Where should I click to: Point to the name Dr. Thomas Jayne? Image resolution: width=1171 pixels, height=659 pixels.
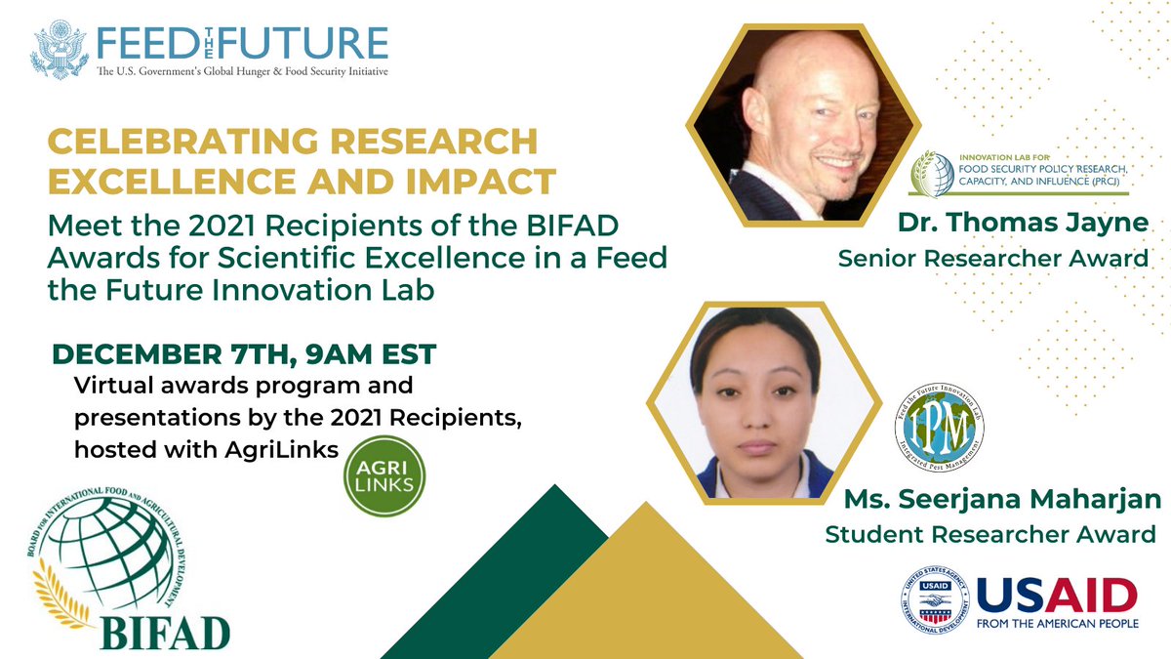click(1024, 222)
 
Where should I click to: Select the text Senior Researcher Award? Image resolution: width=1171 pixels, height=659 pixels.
click(993, 259)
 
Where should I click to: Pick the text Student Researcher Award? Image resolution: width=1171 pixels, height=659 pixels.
click(990, 534)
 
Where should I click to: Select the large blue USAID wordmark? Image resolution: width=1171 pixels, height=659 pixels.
click(1057, 595)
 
